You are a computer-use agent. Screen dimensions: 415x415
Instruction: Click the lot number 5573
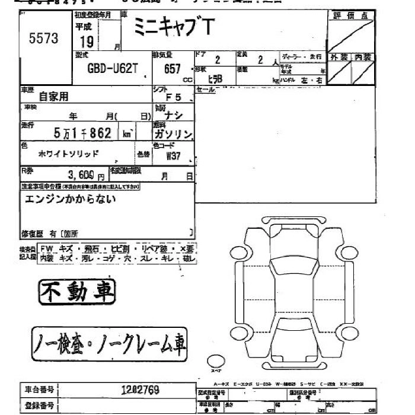coord(44,38)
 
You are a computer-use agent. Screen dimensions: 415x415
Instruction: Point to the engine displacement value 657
coord(172,68)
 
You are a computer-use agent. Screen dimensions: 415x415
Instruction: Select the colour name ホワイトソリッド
coord(69,153)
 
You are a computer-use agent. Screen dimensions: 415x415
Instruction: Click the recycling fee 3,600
coord(81,175)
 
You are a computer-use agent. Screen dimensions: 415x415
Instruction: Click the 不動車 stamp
coord(77,291)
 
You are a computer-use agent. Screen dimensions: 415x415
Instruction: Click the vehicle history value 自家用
coord(53,95)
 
